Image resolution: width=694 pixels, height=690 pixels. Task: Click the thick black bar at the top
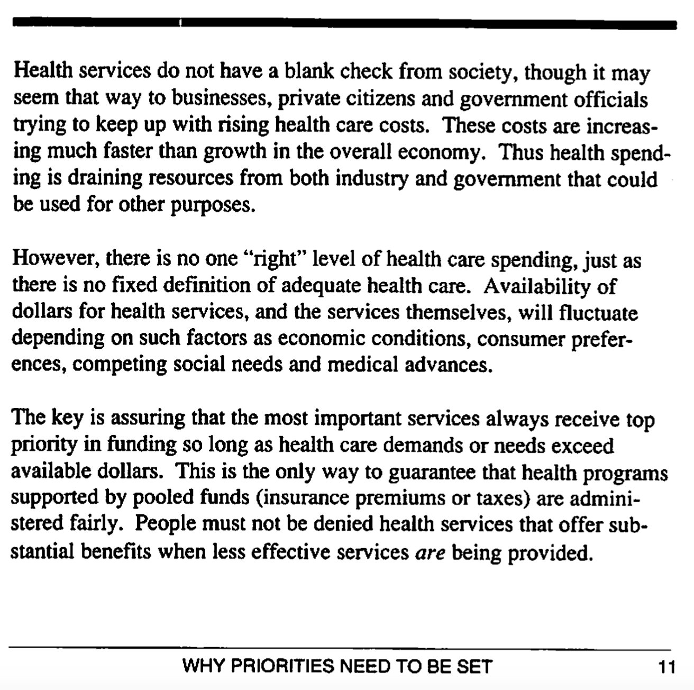click(344, 23)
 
